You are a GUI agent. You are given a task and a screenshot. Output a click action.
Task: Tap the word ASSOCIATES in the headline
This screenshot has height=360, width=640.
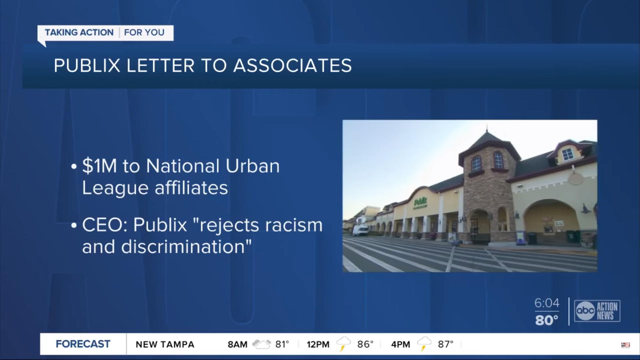tap(293, 65)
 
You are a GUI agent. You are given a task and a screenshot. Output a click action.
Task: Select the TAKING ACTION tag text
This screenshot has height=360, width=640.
tap(79, 32)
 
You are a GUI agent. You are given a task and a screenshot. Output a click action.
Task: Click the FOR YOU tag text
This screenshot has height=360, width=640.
tap(144, 32)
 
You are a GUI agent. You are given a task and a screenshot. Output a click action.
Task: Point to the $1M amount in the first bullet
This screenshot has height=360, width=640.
tap(100, 166)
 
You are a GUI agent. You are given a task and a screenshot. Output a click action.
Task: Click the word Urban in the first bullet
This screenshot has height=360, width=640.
tap(253, 166)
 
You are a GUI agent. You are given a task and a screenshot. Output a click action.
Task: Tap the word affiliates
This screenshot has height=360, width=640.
tap(191, 188)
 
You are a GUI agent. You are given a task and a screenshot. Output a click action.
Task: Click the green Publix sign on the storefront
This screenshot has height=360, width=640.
tap(420, 202)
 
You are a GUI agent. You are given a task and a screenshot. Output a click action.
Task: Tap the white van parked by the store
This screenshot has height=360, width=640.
tap(360, 230)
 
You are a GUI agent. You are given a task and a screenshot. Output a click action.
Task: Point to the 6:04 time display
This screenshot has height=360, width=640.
tap(547, 303)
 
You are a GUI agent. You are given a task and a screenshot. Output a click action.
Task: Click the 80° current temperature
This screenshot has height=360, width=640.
tap(547, 320)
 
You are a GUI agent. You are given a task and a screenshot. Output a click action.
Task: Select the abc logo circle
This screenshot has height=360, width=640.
tap(585, 311)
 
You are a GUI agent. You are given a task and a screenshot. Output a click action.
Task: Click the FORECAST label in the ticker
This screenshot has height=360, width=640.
tap(83, 344)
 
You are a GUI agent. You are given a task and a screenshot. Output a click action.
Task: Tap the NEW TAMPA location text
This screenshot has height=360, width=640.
tap(165, 344)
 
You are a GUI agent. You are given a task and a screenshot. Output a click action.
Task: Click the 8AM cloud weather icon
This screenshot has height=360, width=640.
tap(262, 344)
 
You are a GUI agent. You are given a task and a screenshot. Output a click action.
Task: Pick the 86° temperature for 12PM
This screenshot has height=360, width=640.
tap(365, 344)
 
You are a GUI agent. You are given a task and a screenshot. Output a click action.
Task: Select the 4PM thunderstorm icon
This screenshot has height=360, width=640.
tap(424, 344)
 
